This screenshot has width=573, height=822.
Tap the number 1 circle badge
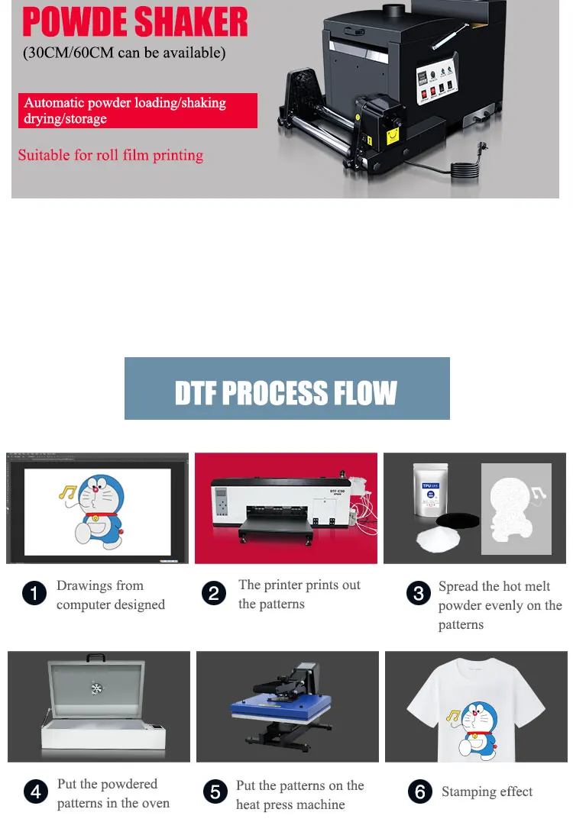(34, 594)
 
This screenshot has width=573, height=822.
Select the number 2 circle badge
(215, 594)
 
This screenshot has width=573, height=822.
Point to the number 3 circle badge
(419, 594)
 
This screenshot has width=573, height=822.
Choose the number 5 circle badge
(215, 793)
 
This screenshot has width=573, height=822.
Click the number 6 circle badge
(419, 793)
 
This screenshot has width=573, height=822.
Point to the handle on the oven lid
(95, 657)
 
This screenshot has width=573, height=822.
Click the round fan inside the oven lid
(96, 688)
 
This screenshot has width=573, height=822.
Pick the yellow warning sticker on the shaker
(393, 136)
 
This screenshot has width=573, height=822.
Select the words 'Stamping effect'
(487, 792)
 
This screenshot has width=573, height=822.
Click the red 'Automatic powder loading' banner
(138, 111)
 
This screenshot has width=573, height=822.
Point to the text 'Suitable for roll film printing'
(111, 156)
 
